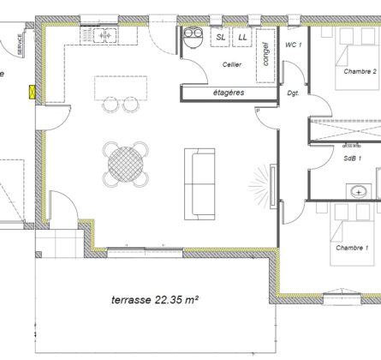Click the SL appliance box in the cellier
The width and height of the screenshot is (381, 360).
(x=221, y=38)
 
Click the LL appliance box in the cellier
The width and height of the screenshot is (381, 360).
(x=242, y=38)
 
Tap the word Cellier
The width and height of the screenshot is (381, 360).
(x=230, y=65)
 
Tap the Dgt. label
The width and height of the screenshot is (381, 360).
(x=293, y=93)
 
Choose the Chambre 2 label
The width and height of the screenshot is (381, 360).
(x=360, y=72)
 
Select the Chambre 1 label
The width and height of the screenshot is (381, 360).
(x=352, y=248)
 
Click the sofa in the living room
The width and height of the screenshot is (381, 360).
(x=202, y=183)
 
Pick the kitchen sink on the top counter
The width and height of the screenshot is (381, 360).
(x=106, y=36)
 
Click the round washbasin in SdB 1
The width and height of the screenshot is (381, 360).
(x=361, y=190)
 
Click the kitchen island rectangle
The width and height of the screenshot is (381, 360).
(x=120, y=87)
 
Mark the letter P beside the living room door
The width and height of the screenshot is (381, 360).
(x=258, y=111)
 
